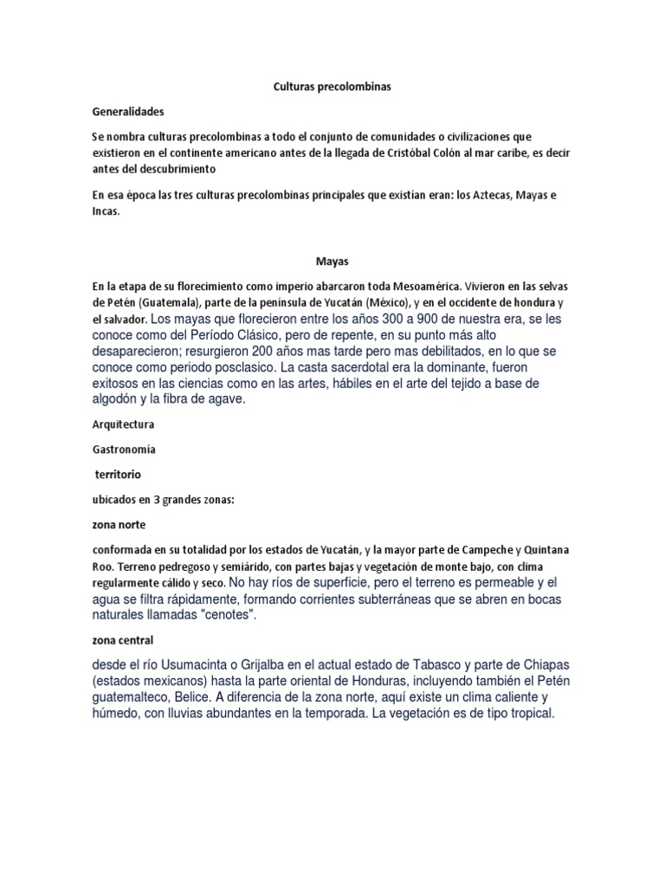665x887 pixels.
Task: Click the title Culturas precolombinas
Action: [332, 87]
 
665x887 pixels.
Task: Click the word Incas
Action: [106, 210]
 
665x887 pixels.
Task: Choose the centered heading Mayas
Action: [332, 260]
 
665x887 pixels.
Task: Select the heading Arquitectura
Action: [123, 425]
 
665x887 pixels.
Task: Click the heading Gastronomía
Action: [125, 450]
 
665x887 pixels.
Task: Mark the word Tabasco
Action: [429, 665]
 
